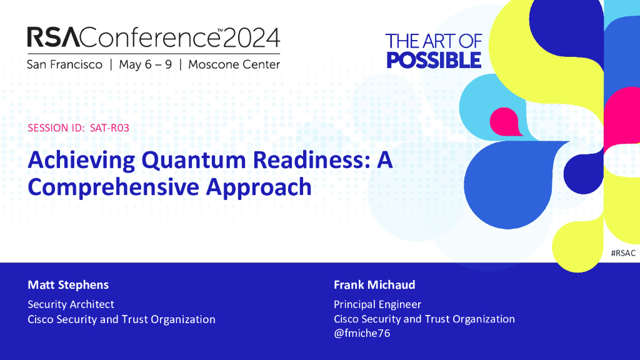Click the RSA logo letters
click(x=54, y=37)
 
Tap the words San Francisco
click(x=64, y=64)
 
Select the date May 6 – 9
click(x=145, y=64)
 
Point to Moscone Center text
click(x=234, y=64)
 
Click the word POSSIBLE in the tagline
click(x=434, y=61)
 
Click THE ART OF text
click(x=434, y=41)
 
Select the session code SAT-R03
click(x=109, y=127)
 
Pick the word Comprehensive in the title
click(x=114, y=187)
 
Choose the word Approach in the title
click(x=259, y=187)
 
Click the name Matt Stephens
click(x=68, y=285)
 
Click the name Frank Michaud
click(x=374, y=284)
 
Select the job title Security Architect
click(x=71, y=304)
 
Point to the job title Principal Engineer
click(x=377, y=304)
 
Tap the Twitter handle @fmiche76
click(x=362, y=333)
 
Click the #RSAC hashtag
click(x=623, y=253)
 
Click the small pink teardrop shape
click(x=504, y=122)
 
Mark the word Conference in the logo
click(x=150, y=37)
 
